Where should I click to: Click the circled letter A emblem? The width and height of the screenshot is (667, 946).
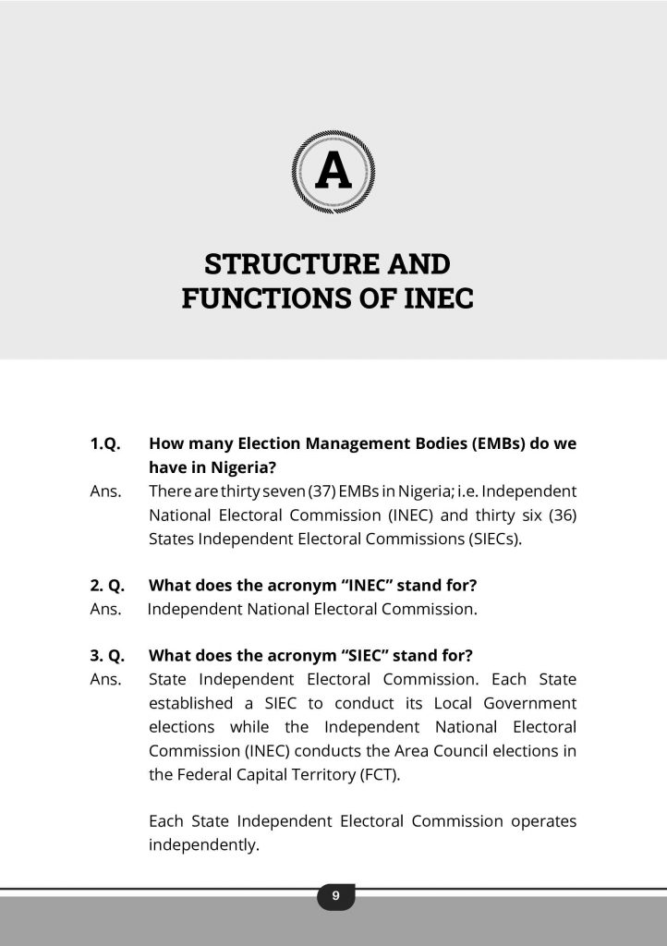pyautogui.click(x=333, y=172)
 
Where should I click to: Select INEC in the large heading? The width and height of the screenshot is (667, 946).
pyautogui.click(x=435, y=299)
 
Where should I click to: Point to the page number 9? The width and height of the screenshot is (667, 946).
pyautogui.click(x=335, y=895)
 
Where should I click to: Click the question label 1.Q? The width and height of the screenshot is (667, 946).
pyautogui.click(x=105, y=443)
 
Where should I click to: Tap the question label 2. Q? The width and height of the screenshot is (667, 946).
pyautogui.click(x=107, y=585)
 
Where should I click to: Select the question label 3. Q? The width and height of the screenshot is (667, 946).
pyautogui.click(x=107, y=656)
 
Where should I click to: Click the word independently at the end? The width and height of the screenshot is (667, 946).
pyautogui.click(x=203, y=844)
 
